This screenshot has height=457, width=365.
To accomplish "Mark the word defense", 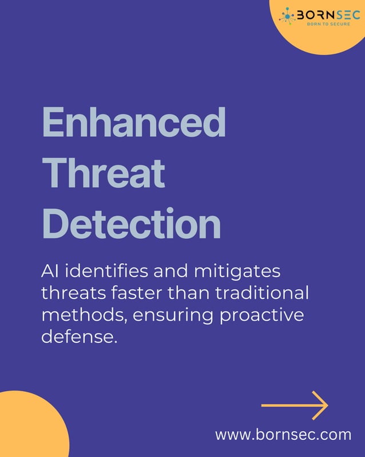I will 79,337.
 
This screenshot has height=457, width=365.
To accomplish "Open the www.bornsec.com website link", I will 283,435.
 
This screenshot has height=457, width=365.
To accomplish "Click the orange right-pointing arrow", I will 294,405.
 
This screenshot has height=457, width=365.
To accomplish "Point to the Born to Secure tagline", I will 325,25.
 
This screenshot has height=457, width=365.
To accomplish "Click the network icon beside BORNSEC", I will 287,16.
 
